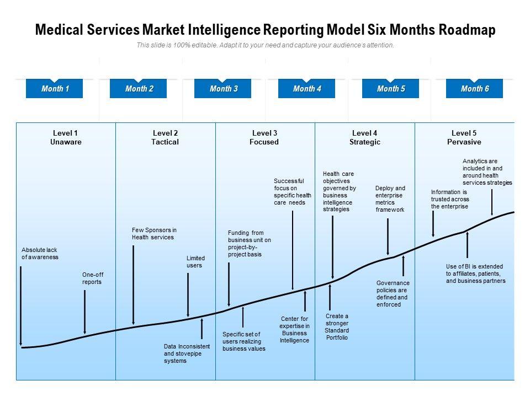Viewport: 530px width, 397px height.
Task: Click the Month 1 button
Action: pyautogui.click(x=54, y=89)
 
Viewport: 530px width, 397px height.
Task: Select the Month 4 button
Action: pyautogui.click(x=307, y=89)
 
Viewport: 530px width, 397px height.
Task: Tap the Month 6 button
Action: pyautogui.click(x=475, y=89)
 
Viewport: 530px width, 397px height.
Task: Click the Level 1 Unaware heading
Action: pyautogui.click(x=66, y=137)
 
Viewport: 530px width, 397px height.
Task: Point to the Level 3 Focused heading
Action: pyautogui.click(x=264, y=137)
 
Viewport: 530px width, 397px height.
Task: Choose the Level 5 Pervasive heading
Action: pyautogui.click(x=464, y=137)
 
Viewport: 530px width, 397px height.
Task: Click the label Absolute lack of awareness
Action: pyautogui.click(x=40, y=254)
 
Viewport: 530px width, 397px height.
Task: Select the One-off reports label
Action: pyautogui.click(x=92, y=278)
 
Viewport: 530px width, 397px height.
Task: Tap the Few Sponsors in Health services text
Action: pyautogui.click(x=154, y=234)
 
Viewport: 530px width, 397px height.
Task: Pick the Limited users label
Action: pyautogui.click(x=195, y=261)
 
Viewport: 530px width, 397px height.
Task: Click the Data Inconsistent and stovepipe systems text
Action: pyautogui.click(x=187, y=353)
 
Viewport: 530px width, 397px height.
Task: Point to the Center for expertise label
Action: pyautogui.click(x=294, y=330)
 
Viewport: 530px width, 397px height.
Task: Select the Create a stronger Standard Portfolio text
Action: pyautogui.click(x=337, y=327)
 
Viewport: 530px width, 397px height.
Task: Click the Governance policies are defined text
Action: pyautogui.click(x=392, y=293)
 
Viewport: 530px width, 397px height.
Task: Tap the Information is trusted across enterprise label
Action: pyautogui.click(x=450, y=199)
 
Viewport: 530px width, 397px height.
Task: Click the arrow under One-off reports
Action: pyautogui.click(x=84, y=312)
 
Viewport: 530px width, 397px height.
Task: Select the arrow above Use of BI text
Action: pyautogui.click(x=468, y=245)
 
